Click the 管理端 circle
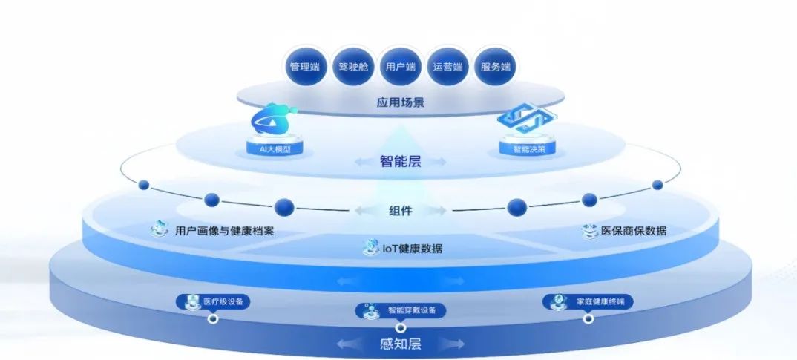coord(304,67)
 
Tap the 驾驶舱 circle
coord(353,67)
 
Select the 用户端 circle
coord(401,67)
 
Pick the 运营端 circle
coord(447,67)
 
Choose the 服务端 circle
coord(494,67)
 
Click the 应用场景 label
coord(401,102)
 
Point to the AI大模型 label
coord(275,148)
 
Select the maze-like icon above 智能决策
coord(527,118)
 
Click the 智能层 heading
coord(401,162)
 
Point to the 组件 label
coord(401,211)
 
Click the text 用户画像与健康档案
coord(225,230)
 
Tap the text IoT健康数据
coord(412,249)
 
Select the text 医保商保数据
coord(633,230)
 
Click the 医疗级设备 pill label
coord(214,302)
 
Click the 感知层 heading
coord(401,344)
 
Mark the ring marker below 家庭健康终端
coord(588,319)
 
